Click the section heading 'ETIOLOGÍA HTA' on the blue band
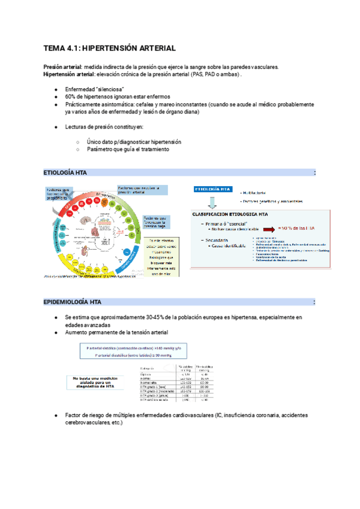point(65,173)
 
